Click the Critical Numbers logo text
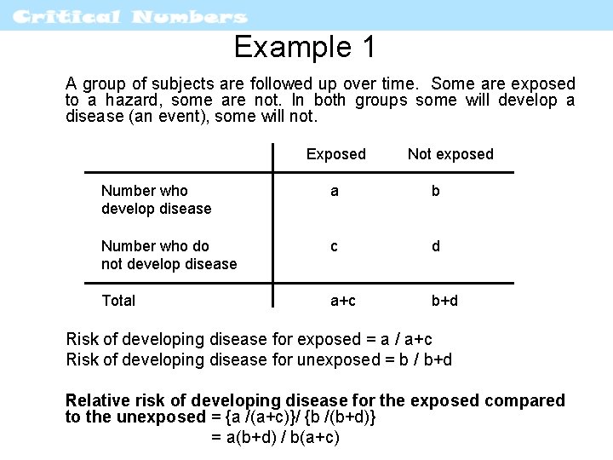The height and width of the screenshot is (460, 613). (x=131, y=16)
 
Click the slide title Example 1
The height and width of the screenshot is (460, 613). (x=305, y=48)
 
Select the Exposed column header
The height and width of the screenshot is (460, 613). (x=335, y=154)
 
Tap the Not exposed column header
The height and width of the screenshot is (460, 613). (x=450, y=154)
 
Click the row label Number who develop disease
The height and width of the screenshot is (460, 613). (x=156, y=199)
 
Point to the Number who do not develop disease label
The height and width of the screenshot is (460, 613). (x=169, y=255)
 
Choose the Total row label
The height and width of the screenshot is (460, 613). (x=118, y=300)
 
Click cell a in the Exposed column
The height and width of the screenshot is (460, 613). (x=335, y=191)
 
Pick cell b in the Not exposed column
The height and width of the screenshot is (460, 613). (x=435, y=191)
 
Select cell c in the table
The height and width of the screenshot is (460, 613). (x=335, y=246)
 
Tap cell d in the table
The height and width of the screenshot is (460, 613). (x=435, y=246)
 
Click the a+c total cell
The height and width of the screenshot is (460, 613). (x=344, y=300)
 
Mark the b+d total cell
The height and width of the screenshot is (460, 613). (x=444, y=300)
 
